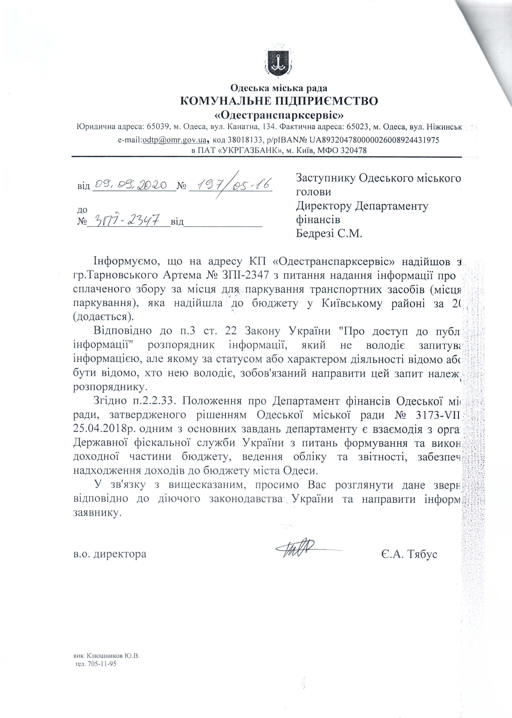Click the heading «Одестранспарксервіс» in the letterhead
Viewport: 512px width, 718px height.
pyautogui.click(x=278, y=115)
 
